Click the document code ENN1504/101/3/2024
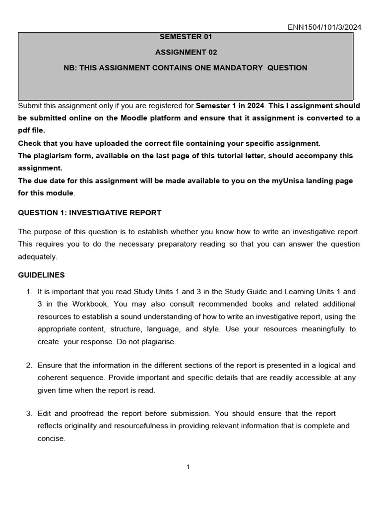[324, 27]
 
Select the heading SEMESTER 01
[186, 37]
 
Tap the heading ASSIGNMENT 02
[186, 52]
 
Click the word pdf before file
[24, 130]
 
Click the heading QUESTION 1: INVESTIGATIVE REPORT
[89, 213]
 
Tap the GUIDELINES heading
[41, 275]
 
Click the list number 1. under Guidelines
[29, 292]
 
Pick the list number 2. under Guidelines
[29, 366]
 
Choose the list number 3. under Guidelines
[29, 413]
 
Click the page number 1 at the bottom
[189, 467]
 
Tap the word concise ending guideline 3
[51, 439]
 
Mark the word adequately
[37, 256]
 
